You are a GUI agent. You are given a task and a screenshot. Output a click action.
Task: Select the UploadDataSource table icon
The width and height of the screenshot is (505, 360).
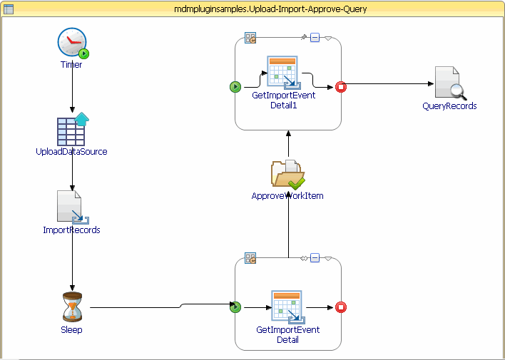pos(71,130)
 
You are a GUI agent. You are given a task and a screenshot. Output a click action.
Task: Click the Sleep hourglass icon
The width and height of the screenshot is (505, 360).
pos(72,307)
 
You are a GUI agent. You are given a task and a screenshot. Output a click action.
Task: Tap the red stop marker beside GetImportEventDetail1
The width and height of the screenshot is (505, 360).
pos(340,87)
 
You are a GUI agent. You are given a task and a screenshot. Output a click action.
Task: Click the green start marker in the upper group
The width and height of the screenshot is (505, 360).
pos(235,87)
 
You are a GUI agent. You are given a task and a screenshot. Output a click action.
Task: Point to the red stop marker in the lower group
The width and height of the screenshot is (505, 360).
pos(340,307)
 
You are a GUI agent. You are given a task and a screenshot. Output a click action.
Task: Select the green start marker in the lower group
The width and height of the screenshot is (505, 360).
pos(235,307)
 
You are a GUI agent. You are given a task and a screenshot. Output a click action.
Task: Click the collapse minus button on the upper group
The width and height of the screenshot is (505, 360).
pos(315,37)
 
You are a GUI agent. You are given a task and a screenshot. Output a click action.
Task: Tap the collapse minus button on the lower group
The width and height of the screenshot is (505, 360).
pos(315,257)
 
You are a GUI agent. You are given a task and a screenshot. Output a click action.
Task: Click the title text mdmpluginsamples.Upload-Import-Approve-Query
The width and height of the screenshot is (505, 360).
pos(253,8)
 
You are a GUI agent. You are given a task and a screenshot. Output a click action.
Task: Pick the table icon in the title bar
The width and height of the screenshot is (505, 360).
pos(9,8)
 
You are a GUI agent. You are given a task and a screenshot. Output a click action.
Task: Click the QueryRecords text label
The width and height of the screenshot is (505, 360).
pos(449,106)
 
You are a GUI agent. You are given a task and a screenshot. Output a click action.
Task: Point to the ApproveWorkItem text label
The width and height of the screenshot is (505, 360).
pos(287,196)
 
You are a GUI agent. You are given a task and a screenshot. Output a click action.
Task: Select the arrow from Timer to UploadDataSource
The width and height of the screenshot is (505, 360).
pos(72,91)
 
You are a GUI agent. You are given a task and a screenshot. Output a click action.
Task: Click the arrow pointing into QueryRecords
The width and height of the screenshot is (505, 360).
pos(389,83)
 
